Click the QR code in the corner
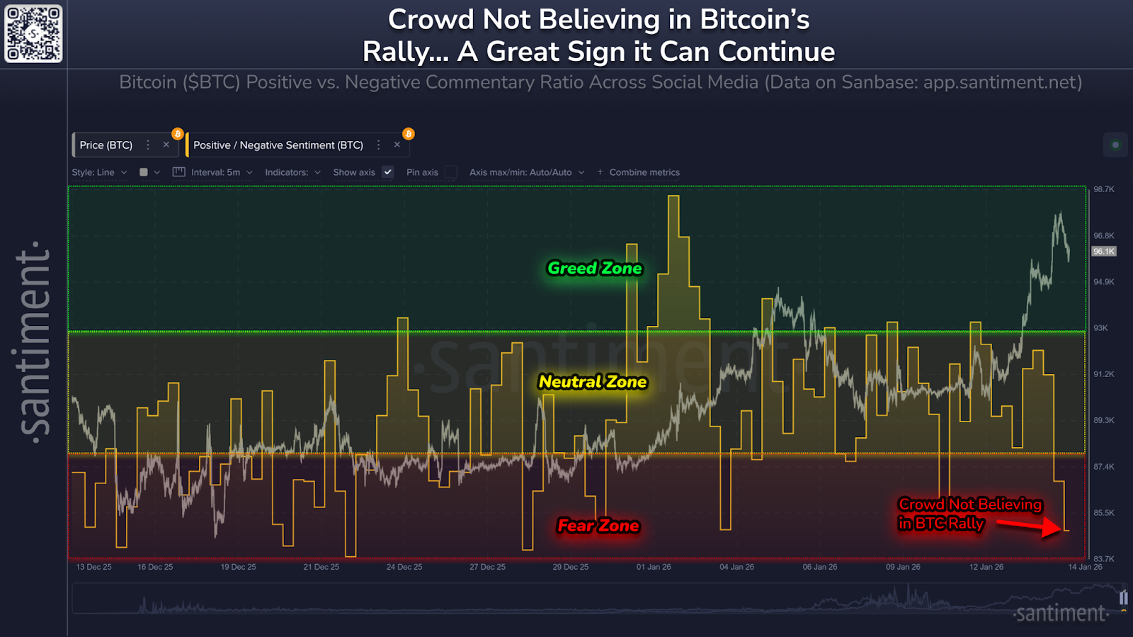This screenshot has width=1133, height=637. [33, 33]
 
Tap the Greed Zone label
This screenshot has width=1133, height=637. [594, 269]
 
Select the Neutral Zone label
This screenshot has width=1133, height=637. [593, 382]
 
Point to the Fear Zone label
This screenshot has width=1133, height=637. [598, 526]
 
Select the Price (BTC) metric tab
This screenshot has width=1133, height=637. [106, 145]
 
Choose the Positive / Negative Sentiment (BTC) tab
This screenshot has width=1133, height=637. [278, 145]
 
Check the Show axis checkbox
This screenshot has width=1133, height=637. [387, 172]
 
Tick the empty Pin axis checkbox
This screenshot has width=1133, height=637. [450, 172]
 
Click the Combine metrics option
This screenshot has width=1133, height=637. [644, 172]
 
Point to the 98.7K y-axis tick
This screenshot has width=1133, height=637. [1103, 189]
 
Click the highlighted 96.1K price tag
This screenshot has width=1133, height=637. [1103, 252]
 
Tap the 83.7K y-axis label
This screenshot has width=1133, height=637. [1103, 559]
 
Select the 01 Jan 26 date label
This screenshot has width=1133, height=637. [654, 567]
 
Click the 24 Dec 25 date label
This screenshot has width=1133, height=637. [404, 567]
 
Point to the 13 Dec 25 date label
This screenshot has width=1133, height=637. [93, 567]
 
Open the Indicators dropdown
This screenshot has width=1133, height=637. [292, 172]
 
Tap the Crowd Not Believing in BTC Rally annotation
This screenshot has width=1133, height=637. [969, 514]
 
